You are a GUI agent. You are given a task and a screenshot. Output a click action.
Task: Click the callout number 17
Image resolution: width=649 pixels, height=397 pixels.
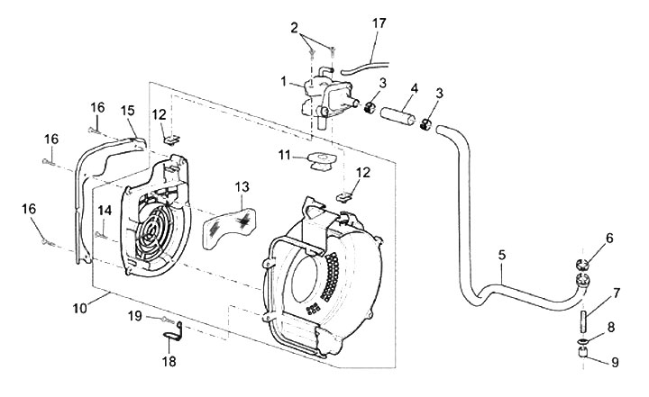coord(379,23)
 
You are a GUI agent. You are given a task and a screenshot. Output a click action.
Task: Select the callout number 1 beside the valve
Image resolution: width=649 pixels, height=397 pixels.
coord(284,81)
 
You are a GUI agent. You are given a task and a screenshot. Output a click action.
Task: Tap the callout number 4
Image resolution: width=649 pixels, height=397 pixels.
coord(415,88)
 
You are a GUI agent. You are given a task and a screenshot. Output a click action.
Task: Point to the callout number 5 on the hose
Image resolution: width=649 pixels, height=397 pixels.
coord(502,255)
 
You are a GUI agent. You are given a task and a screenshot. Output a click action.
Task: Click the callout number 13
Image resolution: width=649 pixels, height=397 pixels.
coord(242,187)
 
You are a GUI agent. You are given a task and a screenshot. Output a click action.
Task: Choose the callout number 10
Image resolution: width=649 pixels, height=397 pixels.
coord(80,309)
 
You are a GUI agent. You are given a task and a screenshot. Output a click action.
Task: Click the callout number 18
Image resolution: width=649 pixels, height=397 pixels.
coord(169,361)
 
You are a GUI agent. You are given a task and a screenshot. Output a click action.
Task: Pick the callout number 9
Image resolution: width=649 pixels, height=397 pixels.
coord(615,363)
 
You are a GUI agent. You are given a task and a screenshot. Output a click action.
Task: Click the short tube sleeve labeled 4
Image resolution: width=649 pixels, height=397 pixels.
coord(398,115)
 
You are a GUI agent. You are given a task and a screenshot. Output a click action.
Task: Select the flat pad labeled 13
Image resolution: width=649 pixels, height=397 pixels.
coord(229,230)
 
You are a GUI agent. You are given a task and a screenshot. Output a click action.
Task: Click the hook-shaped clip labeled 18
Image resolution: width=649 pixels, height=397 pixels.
coord(174,332)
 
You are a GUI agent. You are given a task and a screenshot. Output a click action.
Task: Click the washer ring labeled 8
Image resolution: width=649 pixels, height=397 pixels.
coord(581,341)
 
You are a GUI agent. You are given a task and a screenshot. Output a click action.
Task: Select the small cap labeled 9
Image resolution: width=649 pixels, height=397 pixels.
coord(582,354)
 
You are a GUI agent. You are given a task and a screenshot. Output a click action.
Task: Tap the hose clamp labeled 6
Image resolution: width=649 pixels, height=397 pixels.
coord(582,264)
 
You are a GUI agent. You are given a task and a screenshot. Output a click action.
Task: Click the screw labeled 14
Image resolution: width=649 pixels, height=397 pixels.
coord(101,235)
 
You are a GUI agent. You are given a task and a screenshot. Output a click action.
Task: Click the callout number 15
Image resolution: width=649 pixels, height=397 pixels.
coord(128,111)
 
